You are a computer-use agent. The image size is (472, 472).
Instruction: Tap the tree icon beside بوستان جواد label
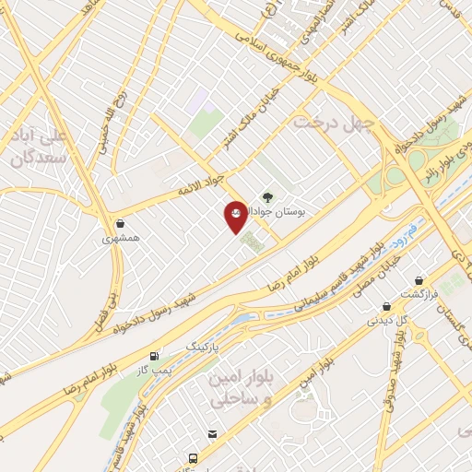267,196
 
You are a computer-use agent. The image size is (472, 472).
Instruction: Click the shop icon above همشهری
122,222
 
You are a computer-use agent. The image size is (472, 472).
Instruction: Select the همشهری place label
122,237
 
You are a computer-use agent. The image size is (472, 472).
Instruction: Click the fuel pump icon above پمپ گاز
154,354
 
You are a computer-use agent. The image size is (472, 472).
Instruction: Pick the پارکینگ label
205,345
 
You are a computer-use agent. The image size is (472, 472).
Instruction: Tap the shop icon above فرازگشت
419,279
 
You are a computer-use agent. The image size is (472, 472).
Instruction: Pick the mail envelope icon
213,434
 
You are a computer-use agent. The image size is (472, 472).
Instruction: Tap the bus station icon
193,457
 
